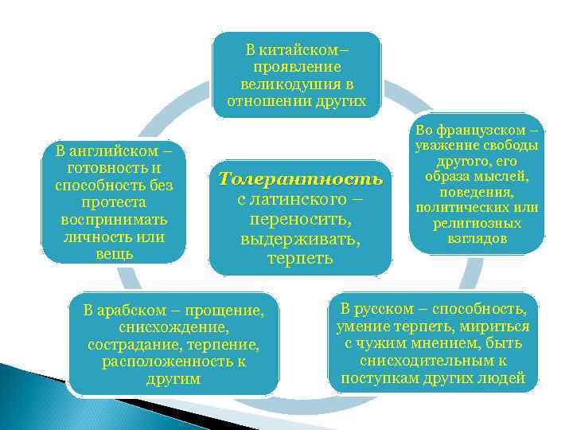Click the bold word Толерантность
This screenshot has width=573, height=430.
pos(300,178)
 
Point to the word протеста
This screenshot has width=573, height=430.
pos(113,202)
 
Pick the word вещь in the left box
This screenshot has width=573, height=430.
pos(113,254)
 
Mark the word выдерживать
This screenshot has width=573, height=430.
pos(300,238)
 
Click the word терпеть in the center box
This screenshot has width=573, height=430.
pos(300,258)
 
